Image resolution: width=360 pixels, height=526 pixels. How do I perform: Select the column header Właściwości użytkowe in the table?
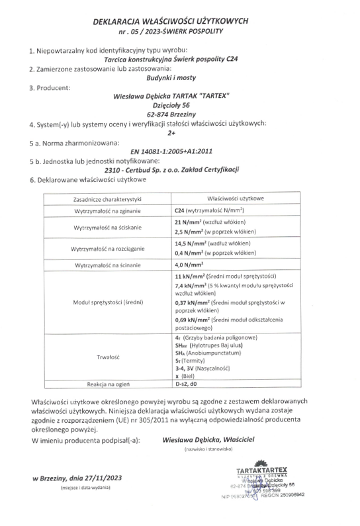coord(236,198)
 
